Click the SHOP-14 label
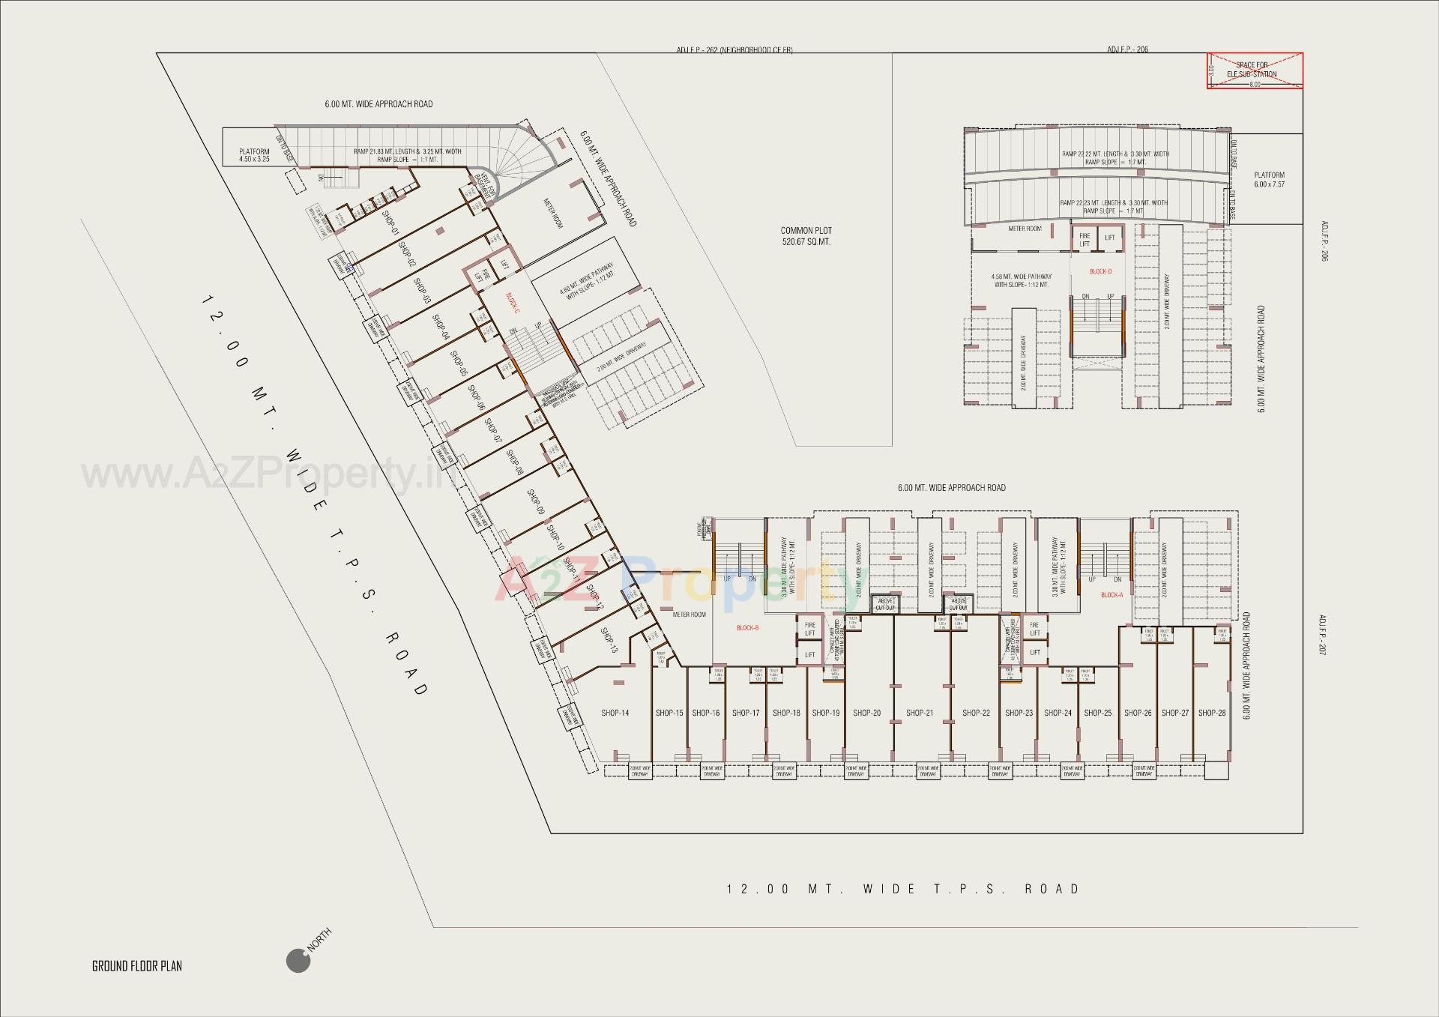pos(615,713)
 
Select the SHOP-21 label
pos(920,713)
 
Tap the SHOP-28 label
pos(1212,713)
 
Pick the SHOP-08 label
pos(514,462)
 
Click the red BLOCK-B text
pos(747,628)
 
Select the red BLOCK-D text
pos(1100,271)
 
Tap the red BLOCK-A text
pos(1111,595)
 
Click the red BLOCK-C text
pos(513,303)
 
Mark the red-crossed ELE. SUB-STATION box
pos(1255,71)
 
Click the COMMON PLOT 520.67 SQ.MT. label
pos(806,236)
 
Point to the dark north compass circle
pos(298,961)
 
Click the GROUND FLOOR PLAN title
pos(136,966)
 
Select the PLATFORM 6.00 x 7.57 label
pos(1269,180)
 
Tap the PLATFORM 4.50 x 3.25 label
pos(254,155)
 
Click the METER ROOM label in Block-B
pos(689,615)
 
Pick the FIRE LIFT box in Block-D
pos(1084,240)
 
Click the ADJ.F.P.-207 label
pos(1323,635)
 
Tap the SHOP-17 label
pos(746,713)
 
